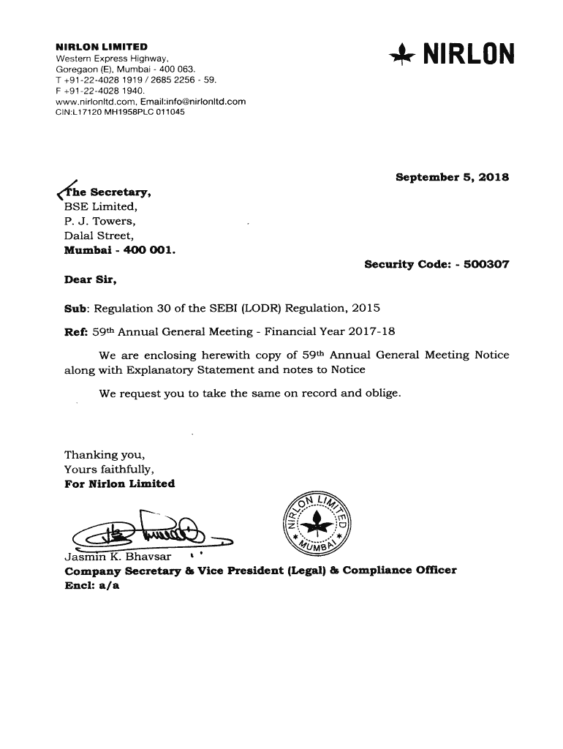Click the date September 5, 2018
point(452,178)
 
